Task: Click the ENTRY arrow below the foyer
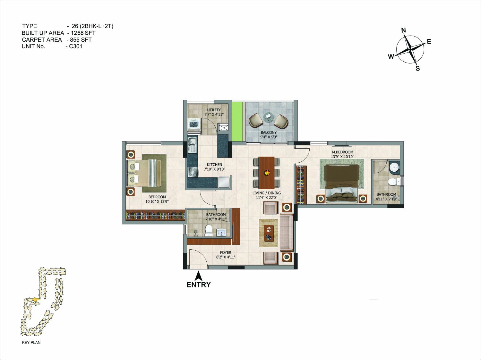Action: [199, 276]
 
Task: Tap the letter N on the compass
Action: [403, 30]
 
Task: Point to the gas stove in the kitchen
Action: [193, 172]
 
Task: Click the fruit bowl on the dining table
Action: [267, 173]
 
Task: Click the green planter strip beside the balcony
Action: [237, 122]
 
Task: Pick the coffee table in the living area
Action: [269, 233]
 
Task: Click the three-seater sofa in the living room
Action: [287, 233]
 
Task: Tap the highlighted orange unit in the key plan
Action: [35, 299]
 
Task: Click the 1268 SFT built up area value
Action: [83, 33]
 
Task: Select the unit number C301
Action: [76, 46]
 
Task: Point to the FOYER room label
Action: [226, 253]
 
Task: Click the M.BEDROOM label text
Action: [342, 152]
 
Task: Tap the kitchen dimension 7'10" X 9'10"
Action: [215, 169]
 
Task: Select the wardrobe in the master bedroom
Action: [301, 185]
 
